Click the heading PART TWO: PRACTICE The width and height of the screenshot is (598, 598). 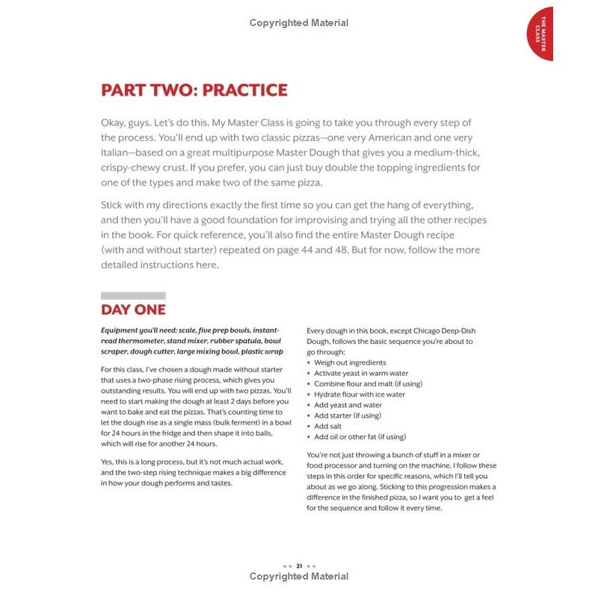[194, 90]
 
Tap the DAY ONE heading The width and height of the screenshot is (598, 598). [133, 309]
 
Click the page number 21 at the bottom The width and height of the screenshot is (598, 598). [299, 566]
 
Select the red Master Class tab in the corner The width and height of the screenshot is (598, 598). [540, 33]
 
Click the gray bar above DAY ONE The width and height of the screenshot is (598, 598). [133, 295]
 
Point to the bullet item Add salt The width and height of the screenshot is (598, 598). [328, 426]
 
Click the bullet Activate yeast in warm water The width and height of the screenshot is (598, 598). [362, 373]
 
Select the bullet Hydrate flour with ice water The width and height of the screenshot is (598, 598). [360, 394]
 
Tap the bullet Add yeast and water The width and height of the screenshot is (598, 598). [348, 405]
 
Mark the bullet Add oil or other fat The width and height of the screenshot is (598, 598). [360, 437]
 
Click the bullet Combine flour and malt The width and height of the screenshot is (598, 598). [368, 383]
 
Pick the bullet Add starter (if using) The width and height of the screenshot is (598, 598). [348, 416]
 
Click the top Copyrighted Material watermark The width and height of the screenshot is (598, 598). [299, 23]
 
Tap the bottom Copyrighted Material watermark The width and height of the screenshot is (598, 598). [299, 576]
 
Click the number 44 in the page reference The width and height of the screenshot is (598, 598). [355, 250]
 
